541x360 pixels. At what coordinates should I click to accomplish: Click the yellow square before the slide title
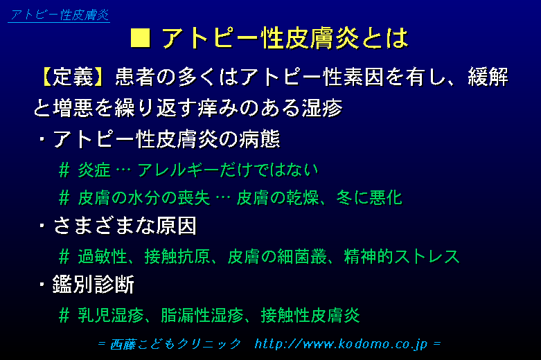[141, 37]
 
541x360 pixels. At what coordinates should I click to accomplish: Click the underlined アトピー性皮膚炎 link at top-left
[59, 15]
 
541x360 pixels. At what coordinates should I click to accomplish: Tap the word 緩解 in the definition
[488, 77]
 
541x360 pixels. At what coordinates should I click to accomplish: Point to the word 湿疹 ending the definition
[322, 108]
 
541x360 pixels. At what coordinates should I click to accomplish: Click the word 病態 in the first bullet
[260, 139]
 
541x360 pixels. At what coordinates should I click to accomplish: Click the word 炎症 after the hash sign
[94, 170]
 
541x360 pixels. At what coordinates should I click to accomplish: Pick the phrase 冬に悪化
[369, 197]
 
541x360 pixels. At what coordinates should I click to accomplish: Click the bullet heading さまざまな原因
[125, 226]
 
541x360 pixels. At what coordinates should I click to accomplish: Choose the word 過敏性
[102, 257]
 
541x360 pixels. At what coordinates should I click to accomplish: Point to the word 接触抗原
[177, 257]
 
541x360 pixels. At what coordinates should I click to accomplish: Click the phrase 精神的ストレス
[402, 257]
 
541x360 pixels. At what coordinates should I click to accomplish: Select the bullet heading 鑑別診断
[93, 285]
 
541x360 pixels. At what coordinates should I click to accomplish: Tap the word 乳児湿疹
[110, 315]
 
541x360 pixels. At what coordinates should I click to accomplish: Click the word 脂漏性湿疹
[202, 315]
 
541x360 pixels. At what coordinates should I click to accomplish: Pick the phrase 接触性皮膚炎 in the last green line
[310, 315]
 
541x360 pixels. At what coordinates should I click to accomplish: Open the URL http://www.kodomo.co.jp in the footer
[341, 344]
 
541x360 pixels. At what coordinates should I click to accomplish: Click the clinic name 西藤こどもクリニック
[175, 344]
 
